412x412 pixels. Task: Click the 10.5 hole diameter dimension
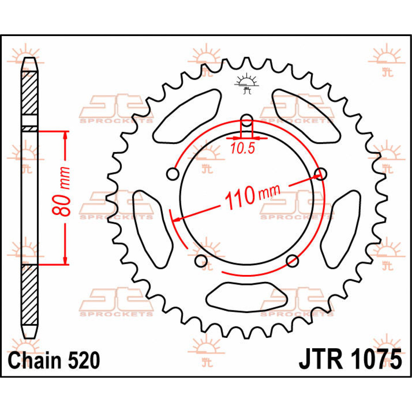pyautogui.click(x=243, y=148)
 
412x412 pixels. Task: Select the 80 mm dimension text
pyautogui.click(x=61, y=191)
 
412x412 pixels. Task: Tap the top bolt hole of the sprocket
pyautogui.click(x=247, y=121)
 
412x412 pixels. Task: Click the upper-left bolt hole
pyautogui.click(x=173, y=174)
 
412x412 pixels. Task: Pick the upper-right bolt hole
pyautogui.click(x=321, y=174)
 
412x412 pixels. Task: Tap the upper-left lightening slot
pyautogui.click(x=186, y=116)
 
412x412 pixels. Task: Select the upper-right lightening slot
pyautogui.click(x=307, y=116)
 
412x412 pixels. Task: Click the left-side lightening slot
pyautogui.click(x=152, y=229)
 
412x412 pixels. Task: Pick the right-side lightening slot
pyautogui.click(x=341, y=229)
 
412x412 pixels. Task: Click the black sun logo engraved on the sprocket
pyautogui.click(x=247, y=83)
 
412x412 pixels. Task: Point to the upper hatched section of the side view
pyautogui.click(x=30, y=93)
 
